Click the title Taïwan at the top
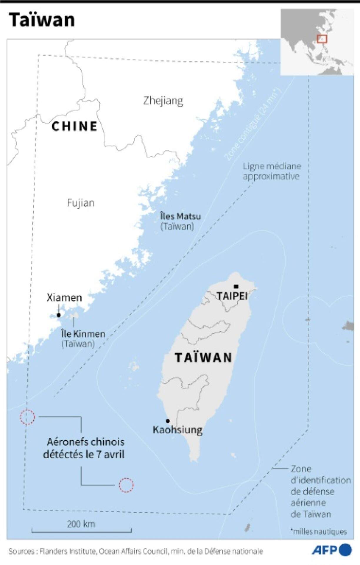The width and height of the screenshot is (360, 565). click(x=42, y=20)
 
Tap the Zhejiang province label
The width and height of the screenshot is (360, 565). click(x=163, y=101)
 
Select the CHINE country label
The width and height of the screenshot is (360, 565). click(x=74, y=126)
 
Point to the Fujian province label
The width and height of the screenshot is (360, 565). click(x=81, y=203)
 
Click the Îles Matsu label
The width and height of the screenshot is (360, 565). click(x=180, y=217)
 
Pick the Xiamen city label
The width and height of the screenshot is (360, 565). click(x=64, y=297)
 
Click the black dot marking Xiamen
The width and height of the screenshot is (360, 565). click(x=59, y=315)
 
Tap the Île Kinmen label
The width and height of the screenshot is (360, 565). click(x=83, y=334)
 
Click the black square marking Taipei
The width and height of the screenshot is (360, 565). click(x=236, y=287)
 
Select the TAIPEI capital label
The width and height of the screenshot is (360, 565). click(x=232, y=296)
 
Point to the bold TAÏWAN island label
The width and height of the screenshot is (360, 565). click(x=204, y=358)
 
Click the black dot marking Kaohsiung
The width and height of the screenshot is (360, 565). click(x=168, y=421)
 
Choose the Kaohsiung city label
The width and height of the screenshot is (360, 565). click(x=178, y=430)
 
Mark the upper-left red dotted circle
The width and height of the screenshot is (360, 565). click(x=27, y=417)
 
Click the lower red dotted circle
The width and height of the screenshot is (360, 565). click(x=126, y=485)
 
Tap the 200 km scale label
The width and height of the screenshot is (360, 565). click(x=81, y=524)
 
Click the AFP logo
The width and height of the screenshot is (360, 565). click(x=331, y=550)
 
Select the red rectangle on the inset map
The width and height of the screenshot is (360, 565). click(x=322, y=39)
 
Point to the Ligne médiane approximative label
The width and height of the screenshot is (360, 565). click(x=272, y=171)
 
